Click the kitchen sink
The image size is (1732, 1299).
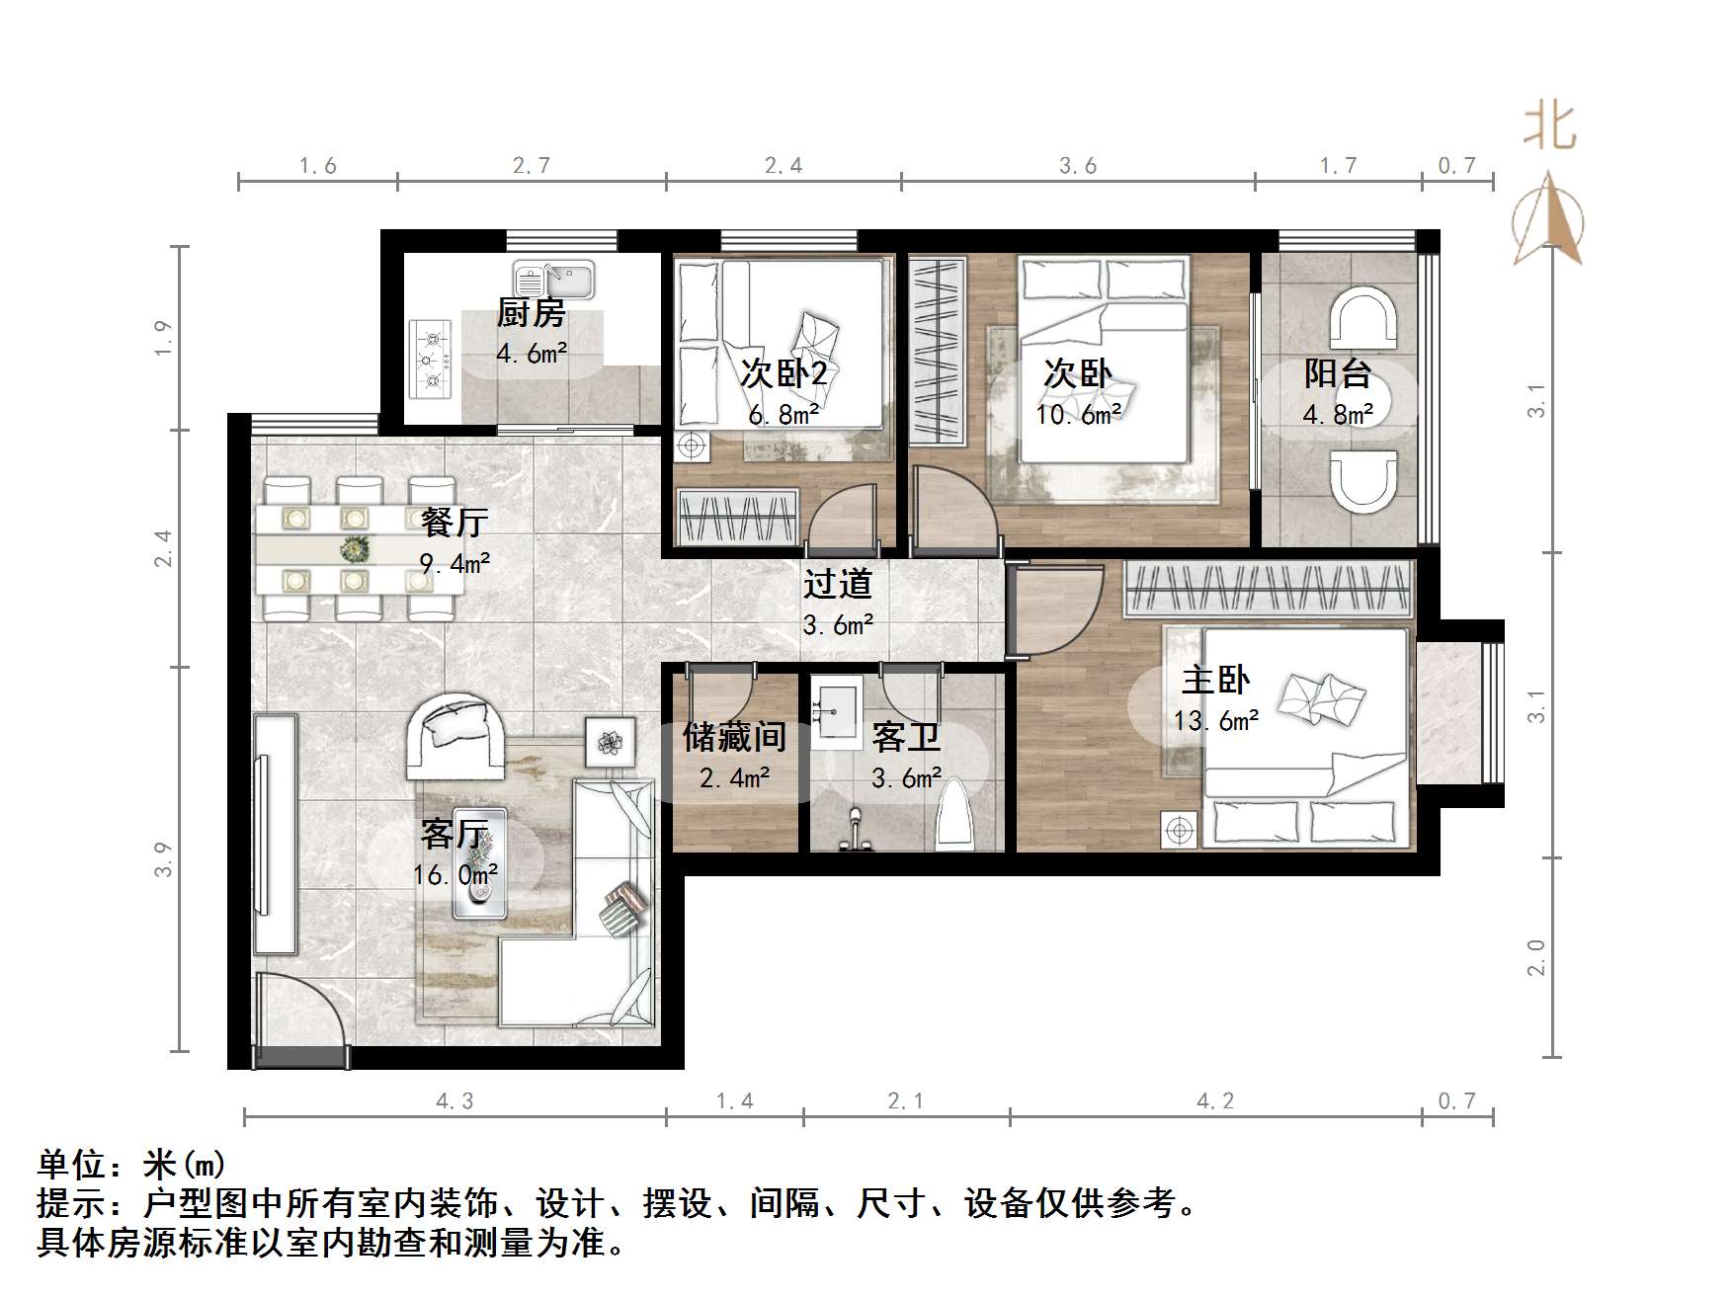tap(552, 280)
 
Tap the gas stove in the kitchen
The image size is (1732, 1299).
tap(432, 358)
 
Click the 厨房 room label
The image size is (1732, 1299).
tap(531, 314)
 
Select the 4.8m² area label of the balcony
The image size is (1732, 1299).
tap(1338, 415)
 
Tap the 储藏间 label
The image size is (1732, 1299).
tap(734, 737)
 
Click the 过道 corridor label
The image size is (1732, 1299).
tap(838, 584)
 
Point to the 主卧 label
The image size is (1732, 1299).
tap(1215, 681)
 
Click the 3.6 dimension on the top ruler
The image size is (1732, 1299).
tap(1078, 166)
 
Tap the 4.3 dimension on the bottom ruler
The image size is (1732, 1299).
tap(454, 1101)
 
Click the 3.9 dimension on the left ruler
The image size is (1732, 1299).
tap(164, 858)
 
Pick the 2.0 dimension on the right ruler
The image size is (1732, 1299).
tap(1537, 956)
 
